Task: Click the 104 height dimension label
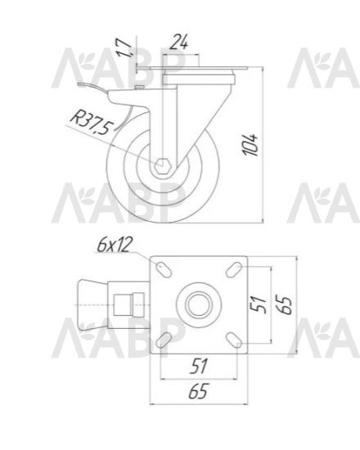click(x=250, y=145)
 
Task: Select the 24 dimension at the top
click(x=179, y=43)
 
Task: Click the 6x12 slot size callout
click(x=115, y=245)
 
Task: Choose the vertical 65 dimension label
click(x=285, y=304)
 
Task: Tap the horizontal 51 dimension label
click(x=199, y=367)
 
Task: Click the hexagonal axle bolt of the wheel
click(x=163, y=165)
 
